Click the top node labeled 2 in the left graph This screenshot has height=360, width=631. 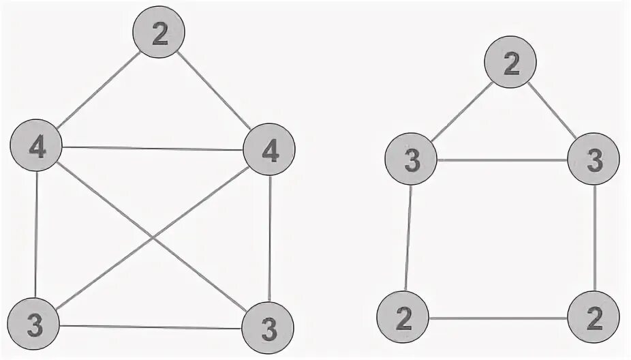[159, 34]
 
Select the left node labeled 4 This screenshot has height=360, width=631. [36, 147]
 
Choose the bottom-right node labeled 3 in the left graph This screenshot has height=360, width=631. [268, 330]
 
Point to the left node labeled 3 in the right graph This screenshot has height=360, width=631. [411, 162]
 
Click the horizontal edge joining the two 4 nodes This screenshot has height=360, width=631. [153, 148]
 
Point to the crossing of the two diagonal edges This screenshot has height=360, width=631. [153, 236]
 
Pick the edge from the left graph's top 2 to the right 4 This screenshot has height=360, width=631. [216, 93]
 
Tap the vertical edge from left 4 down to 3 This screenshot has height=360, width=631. [35, 235]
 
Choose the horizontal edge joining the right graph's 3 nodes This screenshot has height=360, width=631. [502, 160]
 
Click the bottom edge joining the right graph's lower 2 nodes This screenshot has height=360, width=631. [498, 318]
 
